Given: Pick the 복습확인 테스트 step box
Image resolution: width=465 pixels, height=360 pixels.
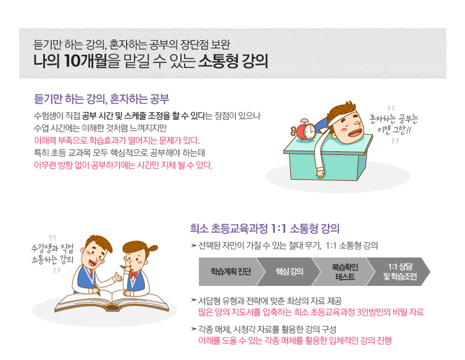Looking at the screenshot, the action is point(345,271).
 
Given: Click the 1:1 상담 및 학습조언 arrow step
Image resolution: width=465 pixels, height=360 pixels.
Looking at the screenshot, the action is point(399,271).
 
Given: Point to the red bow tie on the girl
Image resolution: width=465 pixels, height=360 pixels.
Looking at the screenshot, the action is point(133,274).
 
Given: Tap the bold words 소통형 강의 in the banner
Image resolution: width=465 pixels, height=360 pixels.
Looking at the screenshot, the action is point(233,61).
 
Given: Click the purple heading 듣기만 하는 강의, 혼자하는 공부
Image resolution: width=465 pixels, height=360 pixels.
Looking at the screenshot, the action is point(101,99).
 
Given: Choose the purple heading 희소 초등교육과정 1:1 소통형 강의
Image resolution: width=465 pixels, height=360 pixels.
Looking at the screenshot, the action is point(264,228).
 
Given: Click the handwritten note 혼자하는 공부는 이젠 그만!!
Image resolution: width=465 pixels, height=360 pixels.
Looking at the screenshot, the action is point(393,124).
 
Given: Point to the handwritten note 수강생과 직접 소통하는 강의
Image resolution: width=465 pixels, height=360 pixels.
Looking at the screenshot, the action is point(52,254).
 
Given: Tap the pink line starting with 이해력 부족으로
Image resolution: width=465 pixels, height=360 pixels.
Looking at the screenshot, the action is point(117,140).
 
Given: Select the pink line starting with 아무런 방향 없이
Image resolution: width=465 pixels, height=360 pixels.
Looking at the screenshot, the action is point(124,165).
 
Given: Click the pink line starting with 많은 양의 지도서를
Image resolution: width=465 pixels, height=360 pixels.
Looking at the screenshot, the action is point(311,312).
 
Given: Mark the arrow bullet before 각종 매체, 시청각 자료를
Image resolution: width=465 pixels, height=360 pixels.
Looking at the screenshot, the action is point(194,329).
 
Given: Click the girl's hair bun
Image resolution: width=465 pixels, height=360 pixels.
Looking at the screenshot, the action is point(153,248).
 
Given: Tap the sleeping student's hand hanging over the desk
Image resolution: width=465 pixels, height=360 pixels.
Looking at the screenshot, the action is point(320,174).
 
